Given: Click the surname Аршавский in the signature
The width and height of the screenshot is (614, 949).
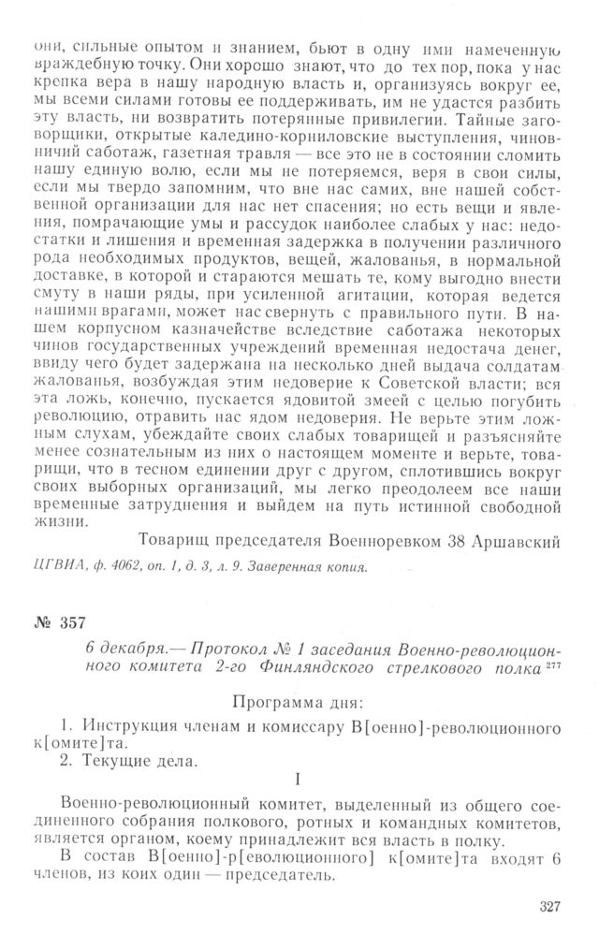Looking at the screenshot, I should [506, 540].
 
